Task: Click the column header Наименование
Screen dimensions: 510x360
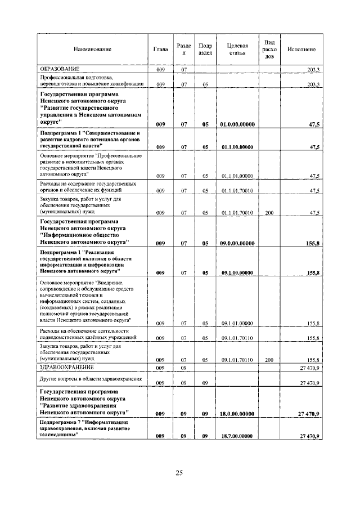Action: (92, 50)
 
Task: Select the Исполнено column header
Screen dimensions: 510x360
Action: (301, 50)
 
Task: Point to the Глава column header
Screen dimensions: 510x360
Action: (160, 50)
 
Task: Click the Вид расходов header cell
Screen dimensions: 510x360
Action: (269, 50)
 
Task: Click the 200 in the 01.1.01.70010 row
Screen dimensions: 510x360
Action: (269, 213)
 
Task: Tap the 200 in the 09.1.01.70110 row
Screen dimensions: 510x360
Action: (269, 359)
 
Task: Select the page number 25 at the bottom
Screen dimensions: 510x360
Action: (179, 473)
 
